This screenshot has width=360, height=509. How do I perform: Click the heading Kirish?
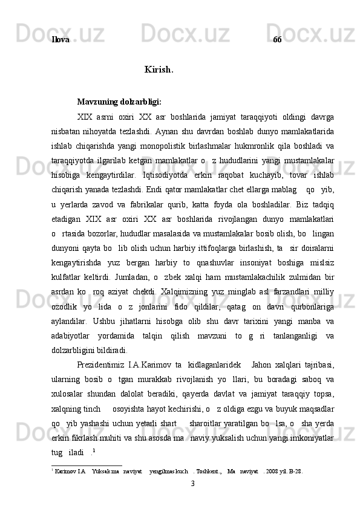click(159, 70)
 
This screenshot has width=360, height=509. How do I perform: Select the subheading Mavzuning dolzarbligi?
click(119, 102)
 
